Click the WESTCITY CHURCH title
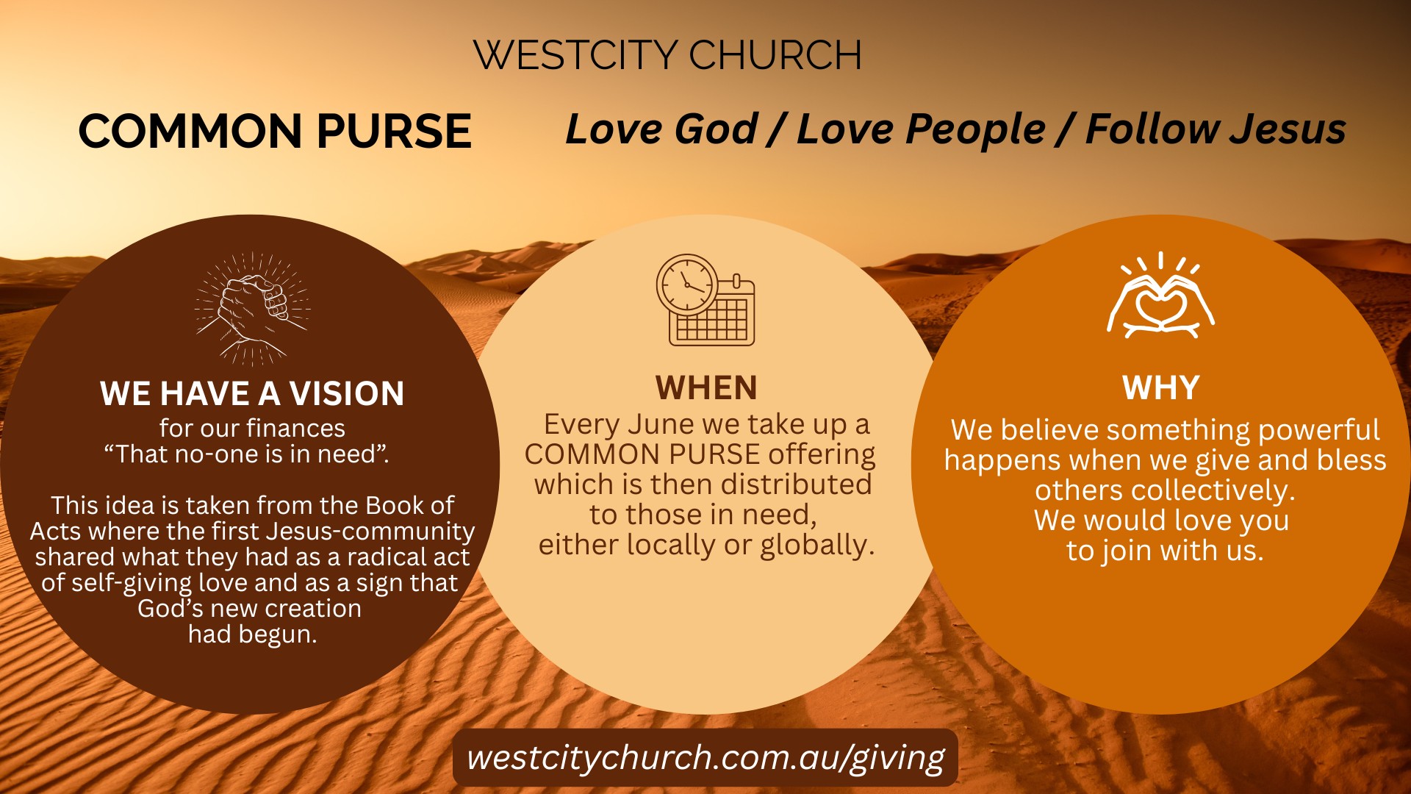click(667, 54)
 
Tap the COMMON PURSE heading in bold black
click(275, 131)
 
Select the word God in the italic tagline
click(716, 129)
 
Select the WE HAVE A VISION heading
click(252, 393)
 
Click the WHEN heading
click(706, 387)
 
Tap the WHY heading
click(1161, 387)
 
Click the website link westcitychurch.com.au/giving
click(705, 758)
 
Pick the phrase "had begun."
click(252, 634)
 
